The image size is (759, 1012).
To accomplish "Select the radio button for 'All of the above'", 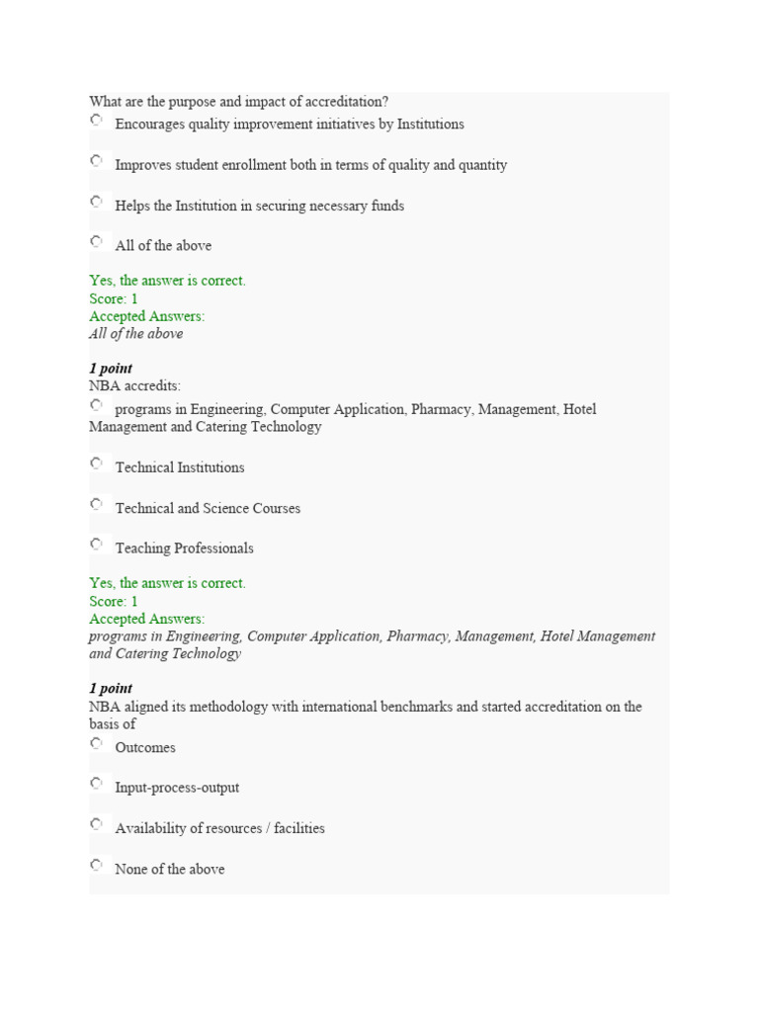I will pyautogui.click(x=96, y=241).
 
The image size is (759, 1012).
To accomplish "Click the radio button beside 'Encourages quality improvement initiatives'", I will pyautogui.click(x=96, y=120).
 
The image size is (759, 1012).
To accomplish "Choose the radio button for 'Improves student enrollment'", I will pyautogui.click(x=96, y=160).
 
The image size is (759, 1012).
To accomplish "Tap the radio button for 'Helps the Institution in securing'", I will pyautogui.click(x=96, y=202).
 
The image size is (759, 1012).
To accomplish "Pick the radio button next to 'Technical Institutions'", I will pyautogui.click(x=96, y=463).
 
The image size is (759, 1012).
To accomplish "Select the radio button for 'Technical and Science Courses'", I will pyautogui.click(x=96, y=504).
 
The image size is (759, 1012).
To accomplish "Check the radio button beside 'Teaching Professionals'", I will pyautogui.click(x=96, y=544).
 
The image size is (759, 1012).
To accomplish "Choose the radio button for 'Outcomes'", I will pyautogui.click(x=96, y=743).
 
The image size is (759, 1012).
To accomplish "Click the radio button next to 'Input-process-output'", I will pyautogui.click(x=96, y=783).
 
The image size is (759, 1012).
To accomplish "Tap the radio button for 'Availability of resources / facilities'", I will pyautogui.click(x=96, y=824).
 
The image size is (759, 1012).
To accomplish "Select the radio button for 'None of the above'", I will pyautogui.click(x=96, y=865).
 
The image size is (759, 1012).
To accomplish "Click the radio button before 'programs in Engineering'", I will pyautogui.click(x=96, y=405).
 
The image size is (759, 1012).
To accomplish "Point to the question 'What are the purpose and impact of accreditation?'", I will pyautogui.click(x=238, y=102).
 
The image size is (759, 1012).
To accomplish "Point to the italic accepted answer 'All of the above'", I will pyautogui.click(x=135, y=334).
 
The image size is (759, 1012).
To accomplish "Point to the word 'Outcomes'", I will pyautogui.click(x=145, y=748).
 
